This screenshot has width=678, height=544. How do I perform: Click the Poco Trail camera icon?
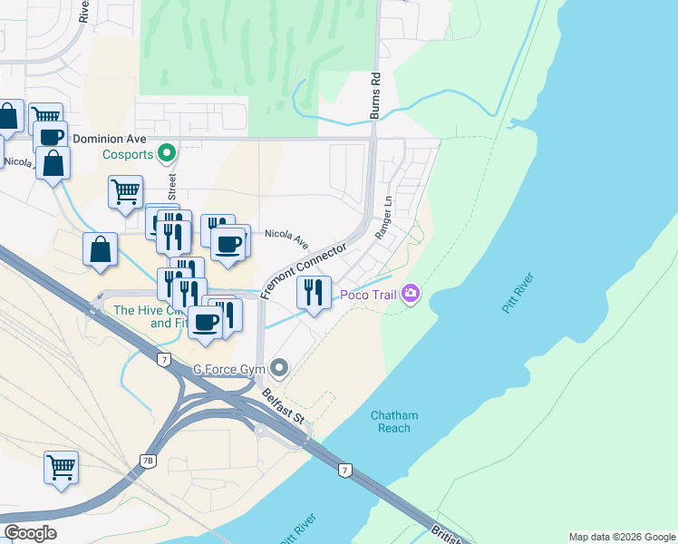pyautogui.click(x=412, y=293)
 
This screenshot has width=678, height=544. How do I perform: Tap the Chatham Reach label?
pyautogui.click(x=394, y=422)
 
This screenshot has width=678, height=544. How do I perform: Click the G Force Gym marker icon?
pyautogui.click(x=280, y=368)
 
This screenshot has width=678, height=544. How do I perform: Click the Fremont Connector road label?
pyautogui.click(x=304, y=270)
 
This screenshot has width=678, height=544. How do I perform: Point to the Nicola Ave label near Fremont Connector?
pyautogui.click(x=286, y=239)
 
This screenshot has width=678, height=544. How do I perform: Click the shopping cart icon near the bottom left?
pyautogui.click(x=61, y=467)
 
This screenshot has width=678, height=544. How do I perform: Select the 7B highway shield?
pyautogui.click(x=149, y=461)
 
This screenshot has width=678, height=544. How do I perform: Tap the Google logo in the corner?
pyautogui.click(x=30, y=533)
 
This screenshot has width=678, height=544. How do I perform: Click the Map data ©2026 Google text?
pyautogui.click(x=621, y=537)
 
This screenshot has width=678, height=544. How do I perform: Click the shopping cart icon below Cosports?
pyautogui.click(x=125, y=191)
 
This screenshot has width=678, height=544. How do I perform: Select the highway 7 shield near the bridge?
pyautogui.click(x=344, y=470)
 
